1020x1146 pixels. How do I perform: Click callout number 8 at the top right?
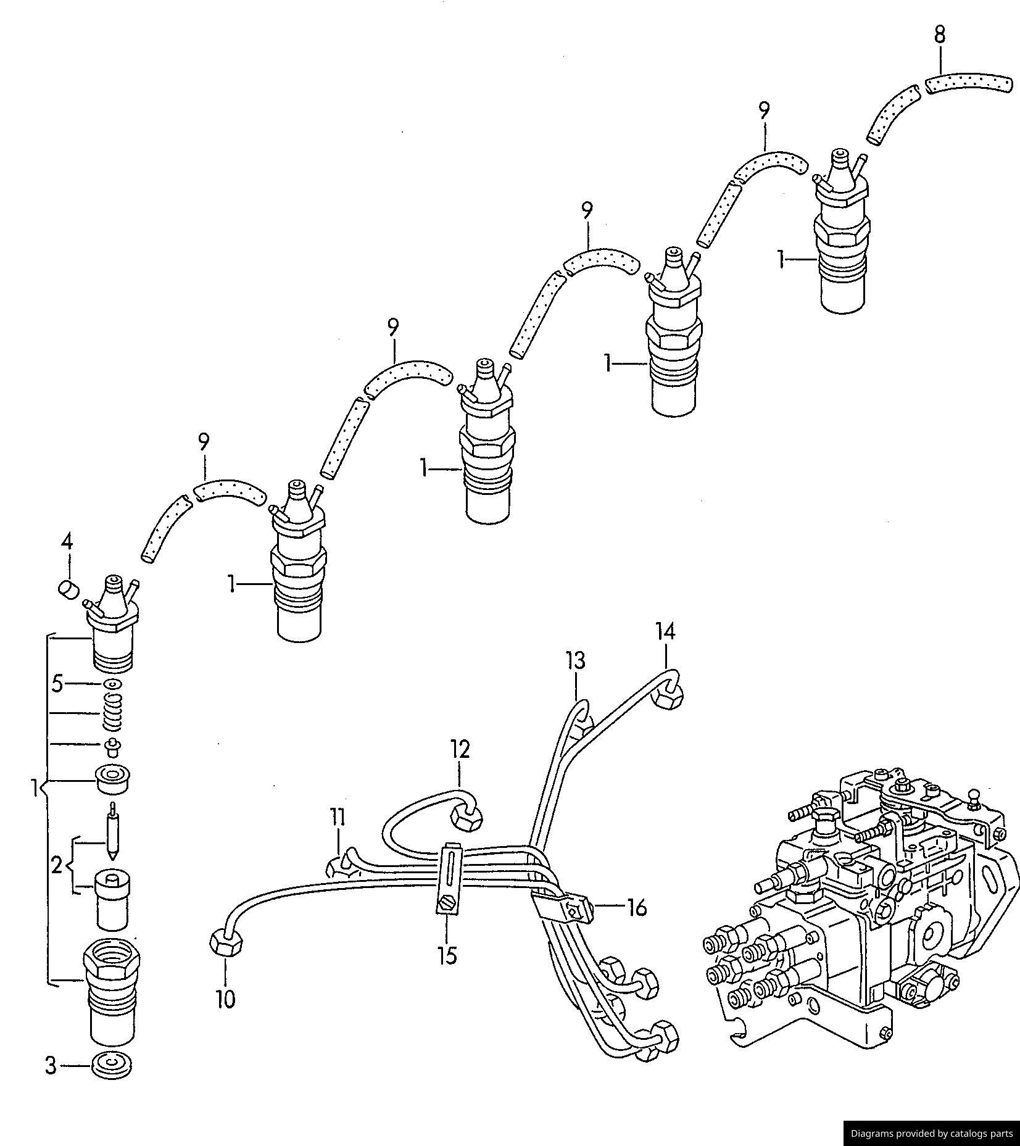[x=939, y=35]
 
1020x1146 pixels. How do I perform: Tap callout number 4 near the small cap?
[x=67, y=542]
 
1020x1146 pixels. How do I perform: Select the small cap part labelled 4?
[x=68, y=589]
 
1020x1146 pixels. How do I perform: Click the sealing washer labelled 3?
[x=112, y=1066]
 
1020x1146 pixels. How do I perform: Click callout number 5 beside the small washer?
[x=57, y=684]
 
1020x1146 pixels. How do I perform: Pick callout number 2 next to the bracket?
[x=57, y=866]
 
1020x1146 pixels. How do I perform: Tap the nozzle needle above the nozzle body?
[x=112, y=833]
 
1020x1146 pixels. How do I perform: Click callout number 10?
[x=226, y=999]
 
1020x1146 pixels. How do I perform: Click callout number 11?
[x=337, y=817]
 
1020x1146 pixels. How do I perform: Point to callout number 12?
[x=460, y=749]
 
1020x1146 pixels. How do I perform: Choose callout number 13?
[x=575, y=661]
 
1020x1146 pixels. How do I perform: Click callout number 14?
[x=665, y=631]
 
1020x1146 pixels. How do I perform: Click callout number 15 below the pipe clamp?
[x=447, y=955]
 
